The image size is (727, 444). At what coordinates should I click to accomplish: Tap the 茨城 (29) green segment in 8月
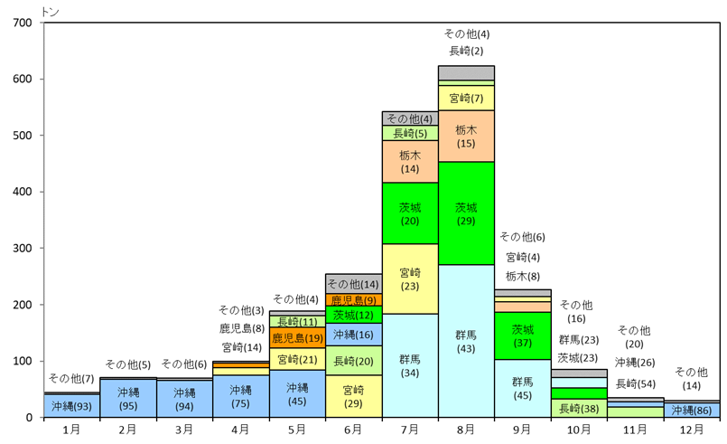point(466,213)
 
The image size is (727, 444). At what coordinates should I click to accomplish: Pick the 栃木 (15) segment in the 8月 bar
point(466,136)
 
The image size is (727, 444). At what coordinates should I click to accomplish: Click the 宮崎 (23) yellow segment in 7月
point(409,279)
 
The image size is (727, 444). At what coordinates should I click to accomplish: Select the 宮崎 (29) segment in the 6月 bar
point(353,396)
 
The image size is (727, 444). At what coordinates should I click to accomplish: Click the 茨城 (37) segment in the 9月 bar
point(523,335)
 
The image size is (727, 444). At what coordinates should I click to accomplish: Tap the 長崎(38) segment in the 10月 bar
point(579,408)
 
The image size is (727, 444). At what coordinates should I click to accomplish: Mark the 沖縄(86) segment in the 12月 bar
point(692,410)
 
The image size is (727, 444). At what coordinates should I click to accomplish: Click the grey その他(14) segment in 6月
point(353,284)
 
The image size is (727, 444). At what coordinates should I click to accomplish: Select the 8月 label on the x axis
point(466,430)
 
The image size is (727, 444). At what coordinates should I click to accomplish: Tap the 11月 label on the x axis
point(635,430)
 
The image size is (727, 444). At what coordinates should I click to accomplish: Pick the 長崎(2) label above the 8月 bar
point(466,51)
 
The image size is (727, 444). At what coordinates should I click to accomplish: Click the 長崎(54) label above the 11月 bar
point(635,383)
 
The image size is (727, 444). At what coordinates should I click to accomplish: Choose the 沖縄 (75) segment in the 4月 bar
point(239,396)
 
